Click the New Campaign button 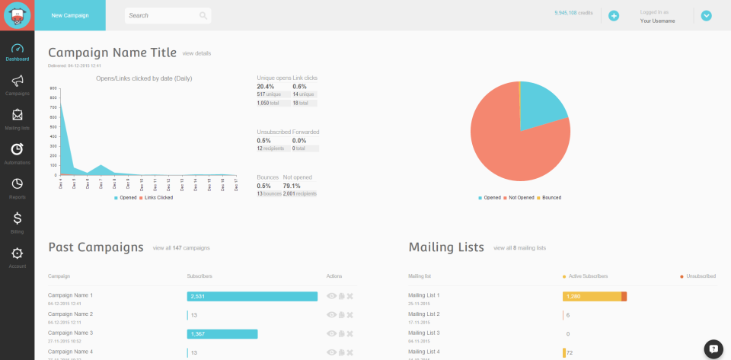(70, 15)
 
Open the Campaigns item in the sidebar (17, 83)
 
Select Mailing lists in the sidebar (17, 118)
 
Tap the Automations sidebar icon (17, 152)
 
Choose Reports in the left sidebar (17, 187)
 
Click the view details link (196, 53)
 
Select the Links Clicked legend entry (156, 197)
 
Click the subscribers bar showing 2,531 (252, 296)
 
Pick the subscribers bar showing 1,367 (222, 333)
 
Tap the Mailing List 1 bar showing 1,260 (592, 296)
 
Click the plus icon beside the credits (614, 15)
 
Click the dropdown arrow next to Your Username (706, 15)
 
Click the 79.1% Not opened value (292, 186)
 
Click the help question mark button (713, 349)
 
